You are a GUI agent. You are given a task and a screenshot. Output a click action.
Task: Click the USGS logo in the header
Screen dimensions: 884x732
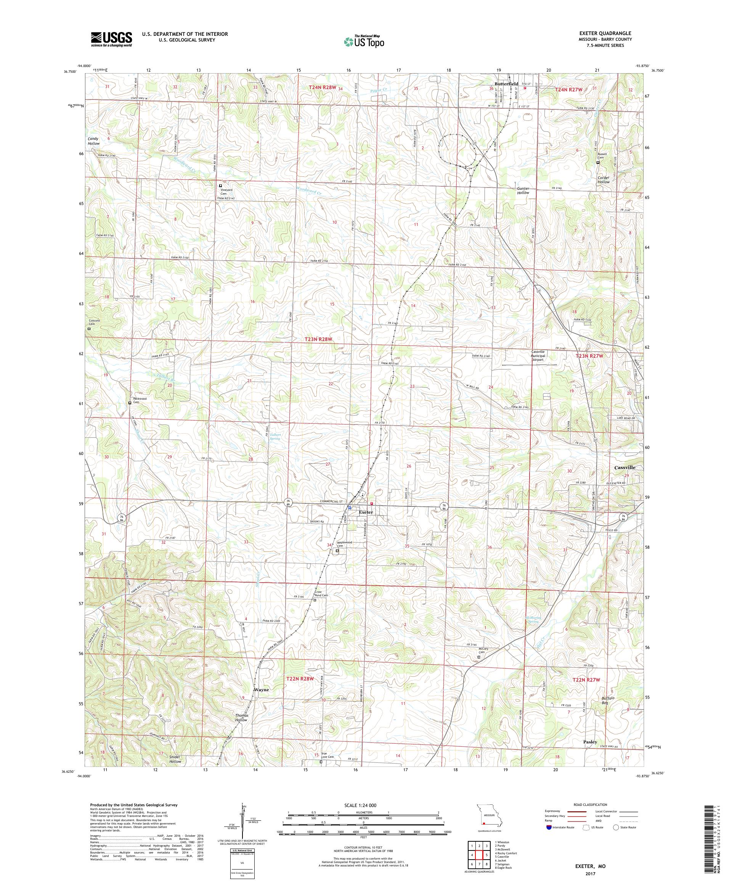tap(112, 39)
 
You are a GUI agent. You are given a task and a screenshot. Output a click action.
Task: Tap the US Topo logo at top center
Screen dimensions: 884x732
tap(364, 41)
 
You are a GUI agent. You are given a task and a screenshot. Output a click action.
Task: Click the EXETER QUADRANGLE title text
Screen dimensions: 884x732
tap(607, 33)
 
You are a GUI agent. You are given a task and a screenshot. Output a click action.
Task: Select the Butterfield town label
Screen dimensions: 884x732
tap(506, 84)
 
